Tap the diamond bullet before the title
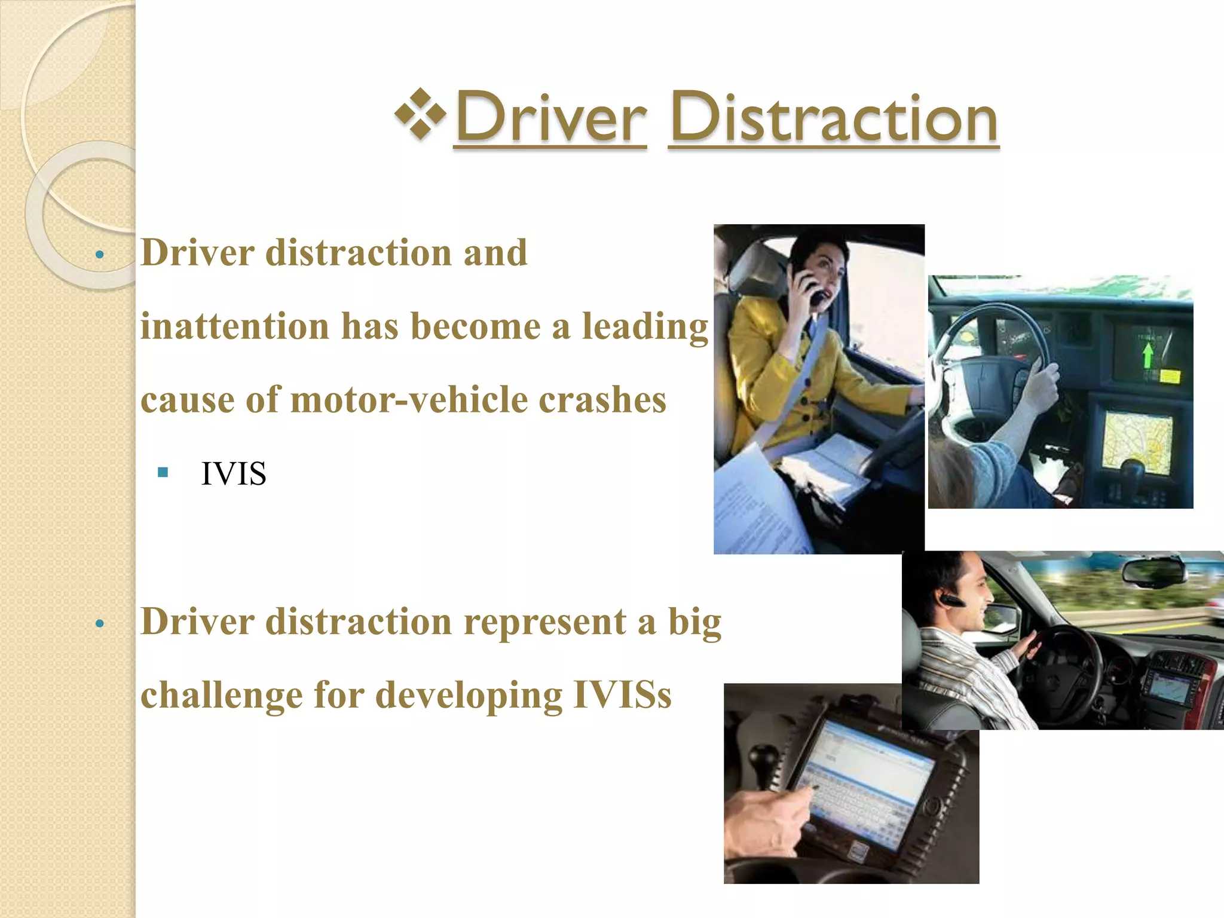(x=421, y=114)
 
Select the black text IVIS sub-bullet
(x=234, y=474)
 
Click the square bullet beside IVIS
(x=163, y=473)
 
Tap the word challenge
(x=222, y=696)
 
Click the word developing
(x=469, y=696)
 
